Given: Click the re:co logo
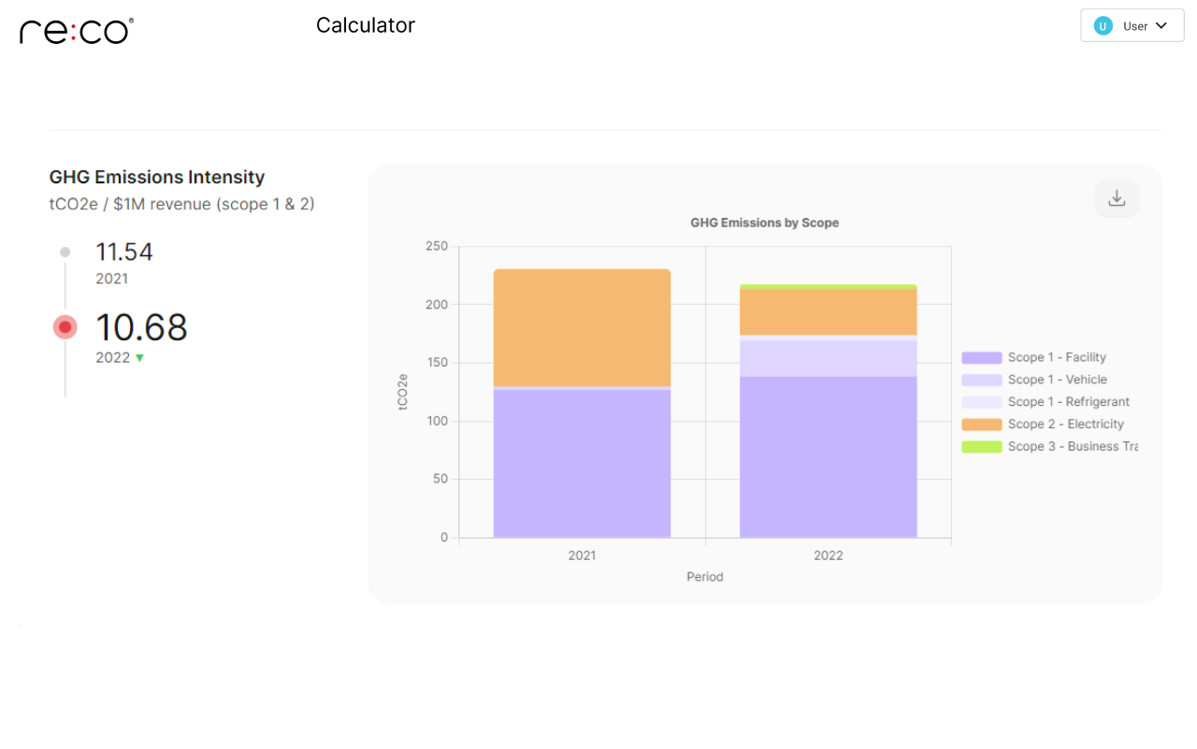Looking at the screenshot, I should [x=76, y=31].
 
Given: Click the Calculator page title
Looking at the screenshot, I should [x=365, y=25].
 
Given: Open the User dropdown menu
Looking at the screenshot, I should [x=1132, y=26].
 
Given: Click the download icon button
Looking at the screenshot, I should [x=1117, y=198].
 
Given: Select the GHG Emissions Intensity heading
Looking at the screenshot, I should [x=157, y=177].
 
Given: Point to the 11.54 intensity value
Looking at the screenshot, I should [x=124, y=252].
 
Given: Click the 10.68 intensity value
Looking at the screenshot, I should [x=141, y=327].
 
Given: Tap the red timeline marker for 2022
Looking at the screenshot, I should [x=65, y=327].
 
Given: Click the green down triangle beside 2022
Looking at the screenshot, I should [x=139, y=358].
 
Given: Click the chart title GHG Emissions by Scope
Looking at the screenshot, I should [x=764, y=223].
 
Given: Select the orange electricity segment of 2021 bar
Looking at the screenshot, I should [x=582, y=327].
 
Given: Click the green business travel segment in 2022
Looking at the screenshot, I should [x=828, y=287].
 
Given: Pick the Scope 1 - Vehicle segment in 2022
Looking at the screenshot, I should [x=828, y=358].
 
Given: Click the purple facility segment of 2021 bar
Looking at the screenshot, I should [x=582, y=463].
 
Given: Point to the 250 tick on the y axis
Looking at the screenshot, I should [x=437, y=247].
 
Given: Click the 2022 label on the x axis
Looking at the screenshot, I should [x=828, y=555].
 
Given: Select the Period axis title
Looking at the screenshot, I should [x=704, y=577].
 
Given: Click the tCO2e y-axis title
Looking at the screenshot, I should [x=403, y=392].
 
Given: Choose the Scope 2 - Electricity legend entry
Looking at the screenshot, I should [x=1065, y=425].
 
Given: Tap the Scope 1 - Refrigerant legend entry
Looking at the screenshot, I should [x=1068, y=402].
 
